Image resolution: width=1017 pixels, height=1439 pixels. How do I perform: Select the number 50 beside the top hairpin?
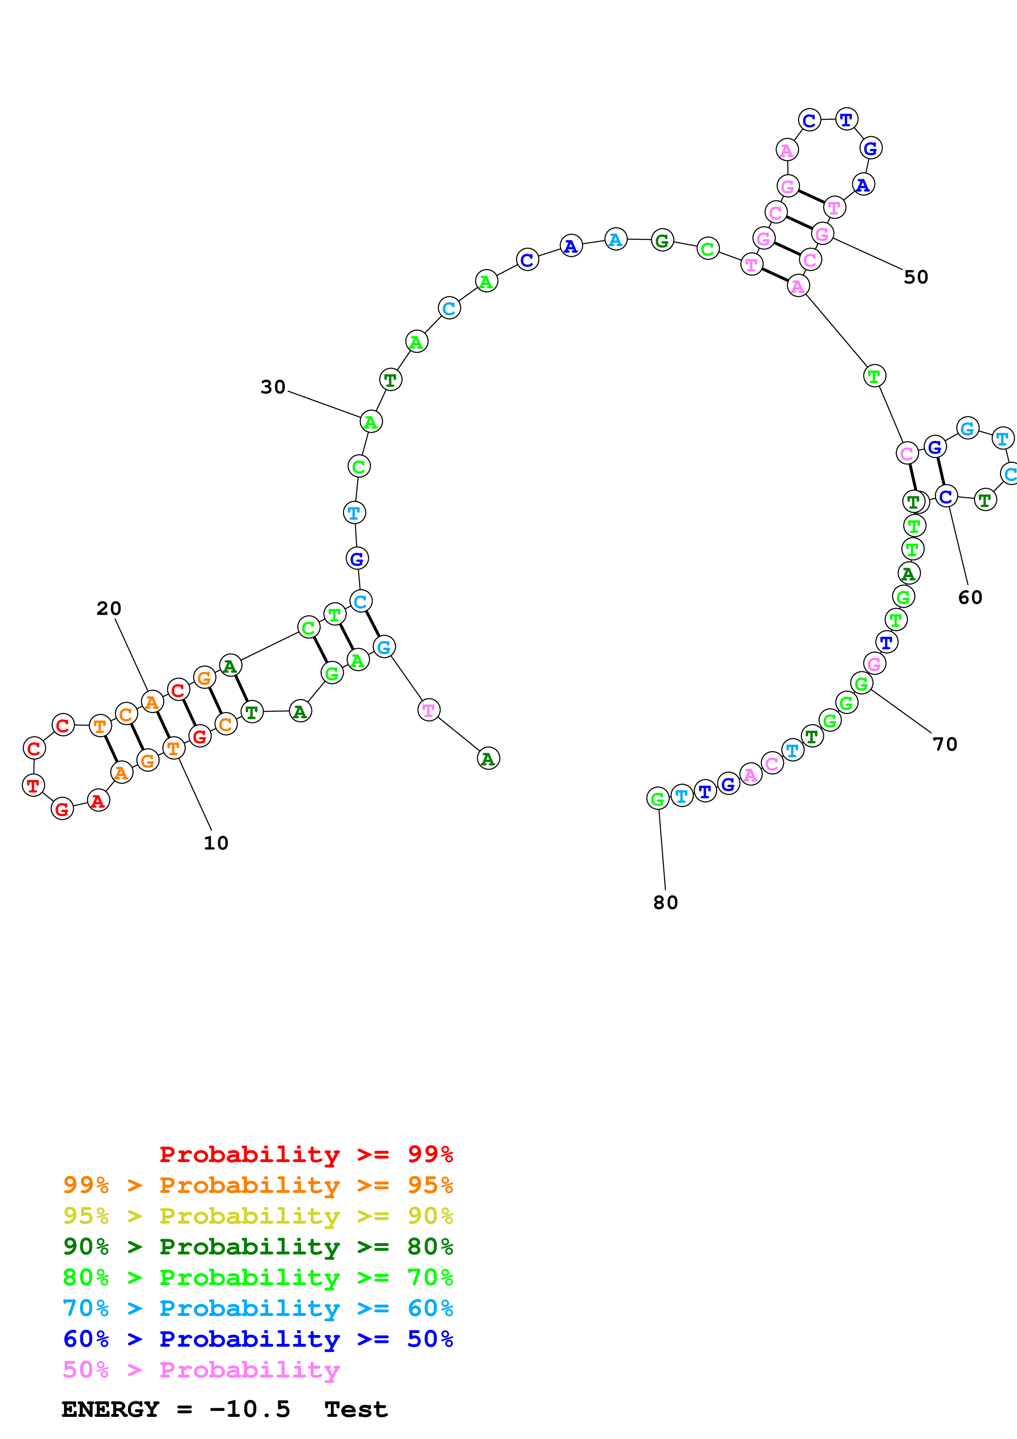[x=916, y=277]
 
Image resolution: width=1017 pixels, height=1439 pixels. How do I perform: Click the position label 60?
[x=970, y=597]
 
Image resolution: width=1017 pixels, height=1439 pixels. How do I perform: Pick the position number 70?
[x=945, y=744]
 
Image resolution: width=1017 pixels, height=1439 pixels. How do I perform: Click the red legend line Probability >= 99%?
[x=306, y=1154]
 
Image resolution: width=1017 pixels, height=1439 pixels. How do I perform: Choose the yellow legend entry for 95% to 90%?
[x=258, y=1216]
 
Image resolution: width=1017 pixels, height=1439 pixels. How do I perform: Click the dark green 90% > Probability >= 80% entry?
[x=258, y=1247]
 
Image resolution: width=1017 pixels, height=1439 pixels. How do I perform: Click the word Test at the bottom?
[x=356, y=1409]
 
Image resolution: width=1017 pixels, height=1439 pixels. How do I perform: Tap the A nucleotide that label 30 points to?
[x=371, y=422]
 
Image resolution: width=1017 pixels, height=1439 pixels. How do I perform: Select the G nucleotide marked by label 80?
[x=657, y=799]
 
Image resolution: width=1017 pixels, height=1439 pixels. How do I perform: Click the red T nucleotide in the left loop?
[x=33, y=785]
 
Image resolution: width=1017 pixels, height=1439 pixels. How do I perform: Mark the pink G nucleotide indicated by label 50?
[x=822, y=234]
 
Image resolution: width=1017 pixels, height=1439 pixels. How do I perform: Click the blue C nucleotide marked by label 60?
[x=946, y=496]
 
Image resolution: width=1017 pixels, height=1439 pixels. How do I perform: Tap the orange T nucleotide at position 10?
[x=174, y=748]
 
